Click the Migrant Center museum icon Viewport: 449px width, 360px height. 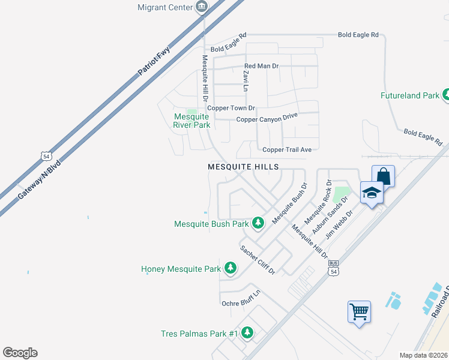tap(202, 7)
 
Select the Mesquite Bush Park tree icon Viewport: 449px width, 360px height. tap(258, 223)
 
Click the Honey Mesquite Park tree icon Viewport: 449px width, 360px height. tap(230, 268)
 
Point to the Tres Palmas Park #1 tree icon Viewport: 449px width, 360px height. tap(247, 332)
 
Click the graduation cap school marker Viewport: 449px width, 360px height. tap(371, 193)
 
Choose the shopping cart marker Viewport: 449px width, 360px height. tap(359, 311)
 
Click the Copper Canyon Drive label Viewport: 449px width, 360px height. tap(267, 119)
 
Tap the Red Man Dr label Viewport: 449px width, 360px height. tap(262, 66)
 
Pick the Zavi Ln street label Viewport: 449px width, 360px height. tap(246, 80)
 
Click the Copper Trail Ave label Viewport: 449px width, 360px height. tap(287, 149)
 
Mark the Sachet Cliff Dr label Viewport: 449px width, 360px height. tap(258, 260)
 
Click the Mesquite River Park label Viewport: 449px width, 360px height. tap(191, 121)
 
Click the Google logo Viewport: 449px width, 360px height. tap(20, 353)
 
